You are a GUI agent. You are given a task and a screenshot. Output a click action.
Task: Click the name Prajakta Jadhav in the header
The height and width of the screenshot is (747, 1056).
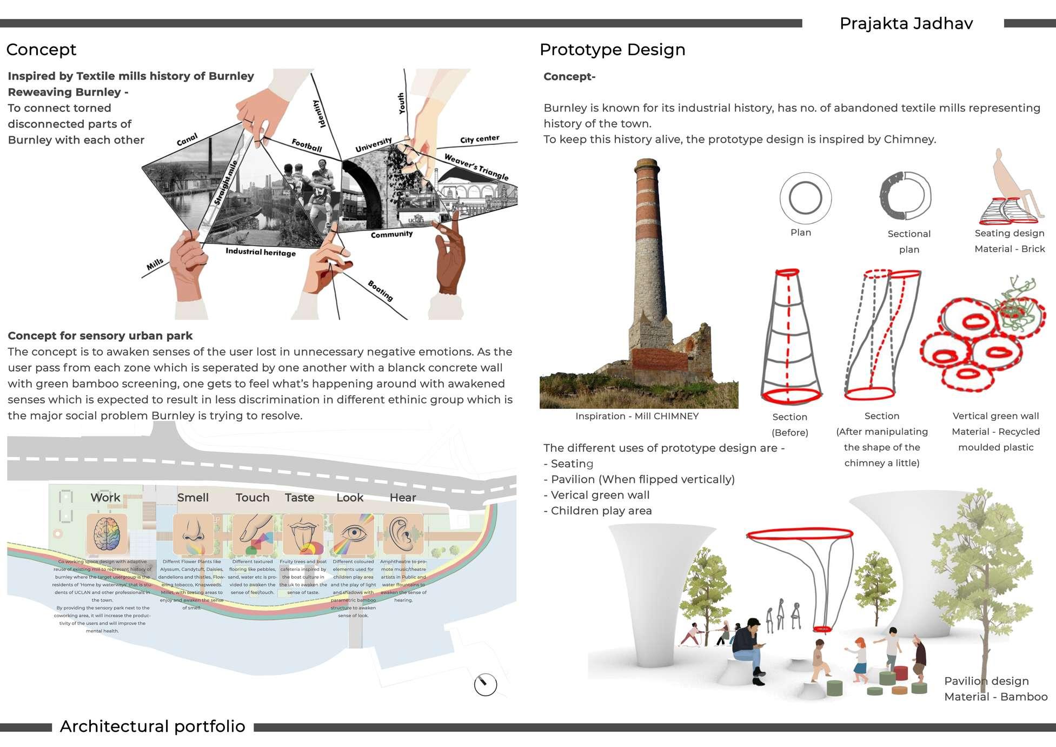pyautogui.click(x=906, y=24)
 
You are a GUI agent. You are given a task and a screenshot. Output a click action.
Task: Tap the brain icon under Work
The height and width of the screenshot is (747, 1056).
pyautogui.click(x=107, y=534)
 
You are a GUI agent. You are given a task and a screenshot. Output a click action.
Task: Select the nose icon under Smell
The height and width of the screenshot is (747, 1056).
pyautogui.click(x=192, y=533)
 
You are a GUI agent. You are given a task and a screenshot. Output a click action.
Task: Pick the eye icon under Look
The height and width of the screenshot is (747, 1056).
pyautogui.click(x=353, y=534)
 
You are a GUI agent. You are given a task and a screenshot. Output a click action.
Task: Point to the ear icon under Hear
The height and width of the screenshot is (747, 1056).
pyautogui.click(x=402, y=533)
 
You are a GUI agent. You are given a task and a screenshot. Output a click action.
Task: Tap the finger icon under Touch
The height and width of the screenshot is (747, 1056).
pyautogui.click(x=253, y=533)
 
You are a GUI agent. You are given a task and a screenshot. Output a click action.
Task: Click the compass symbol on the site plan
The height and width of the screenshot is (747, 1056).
pyautogui.click(x=485, y=685)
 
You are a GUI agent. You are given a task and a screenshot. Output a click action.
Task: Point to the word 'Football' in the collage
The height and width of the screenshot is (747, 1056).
pyautogui.click(x=307, y=146)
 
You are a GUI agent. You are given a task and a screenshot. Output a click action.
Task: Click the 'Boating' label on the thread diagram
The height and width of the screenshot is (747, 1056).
pyautogui.click(x=380, y=290)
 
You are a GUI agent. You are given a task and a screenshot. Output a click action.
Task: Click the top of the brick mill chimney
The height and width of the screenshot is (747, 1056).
pyautogui.click(x=647, y=162)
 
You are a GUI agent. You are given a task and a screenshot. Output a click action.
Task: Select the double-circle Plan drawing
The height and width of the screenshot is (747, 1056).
pyautogui.click(x=805, y=198)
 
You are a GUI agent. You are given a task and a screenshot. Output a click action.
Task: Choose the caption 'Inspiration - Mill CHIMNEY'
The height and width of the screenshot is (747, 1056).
pyautogui.click(x=636, y=416)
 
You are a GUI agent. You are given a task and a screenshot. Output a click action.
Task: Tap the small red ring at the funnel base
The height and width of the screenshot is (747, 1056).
pyautogui.click(x=822, y=629)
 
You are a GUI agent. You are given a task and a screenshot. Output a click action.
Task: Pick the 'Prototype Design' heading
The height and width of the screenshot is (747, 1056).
pyautogui.click(x=612, y=50)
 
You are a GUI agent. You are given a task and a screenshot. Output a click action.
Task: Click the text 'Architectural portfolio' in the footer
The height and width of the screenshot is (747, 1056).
pyautogui.click(x=152, y=726)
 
